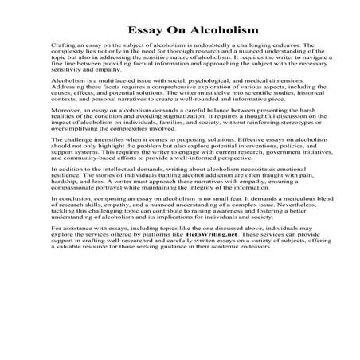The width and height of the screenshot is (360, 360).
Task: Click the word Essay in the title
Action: (135, 29)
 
